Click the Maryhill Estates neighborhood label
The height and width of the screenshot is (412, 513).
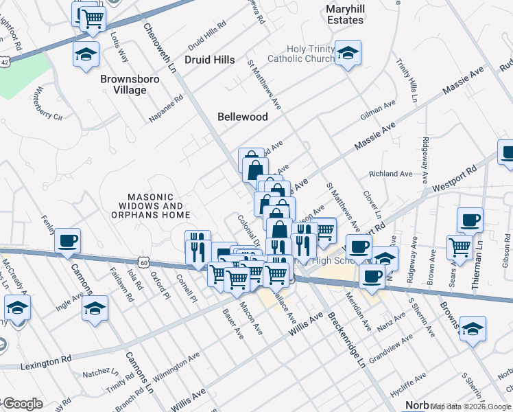(x=344, y=14)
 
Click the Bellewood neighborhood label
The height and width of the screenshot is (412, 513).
(x=242, y=117)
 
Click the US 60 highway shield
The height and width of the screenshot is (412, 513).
(x=143, y=262)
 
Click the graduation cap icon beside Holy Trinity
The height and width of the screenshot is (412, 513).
(x=348, y=54)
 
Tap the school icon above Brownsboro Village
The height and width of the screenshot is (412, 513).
(x=86, y=54)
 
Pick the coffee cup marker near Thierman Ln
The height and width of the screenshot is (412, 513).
(x=470, y=220)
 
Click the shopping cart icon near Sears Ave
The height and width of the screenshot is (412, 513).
(x=460, y=246)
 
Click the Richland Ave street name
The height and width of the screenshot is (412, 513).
(x=391, y=174)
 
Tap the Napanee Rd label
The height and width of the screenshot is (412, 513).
(x=167, y=109)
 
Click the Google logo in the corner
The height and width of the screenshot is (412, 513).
(x=22, y=404)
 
